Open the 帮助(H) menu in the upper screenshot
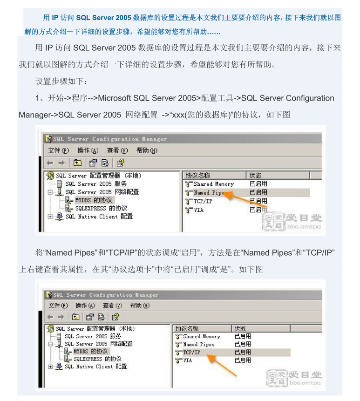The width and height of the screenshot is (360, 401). pyautogui.click(x=147, y=150)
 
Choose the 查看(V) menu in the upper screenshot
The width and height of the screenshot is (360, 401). pyautogui.click(x=117, y=150)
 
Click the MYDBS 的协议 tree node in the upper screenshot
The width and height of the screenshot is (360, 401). pyautogui.click(x=93, y=200)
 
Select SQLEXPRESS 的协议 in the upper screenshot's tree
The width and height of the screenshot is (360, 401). pyautogui.click(x=101, y=208)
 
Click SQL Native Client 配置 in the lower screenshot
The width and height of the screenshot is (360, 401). pyautogui.click(x=102, y=367)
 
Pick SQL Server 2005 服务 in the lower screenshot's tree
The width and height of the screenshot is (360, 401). pyautogui.click(x=93, y=336)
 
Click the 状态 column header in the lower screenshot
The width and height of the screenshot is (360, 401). pyautogui.click(x=240, y=328)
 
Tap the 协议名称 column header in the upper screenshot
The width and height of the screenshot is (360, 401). pyautogui.click(x=198, y=176)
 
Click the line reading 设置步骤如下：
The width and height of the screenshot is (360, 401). pyautogui.click(x=61, y=81)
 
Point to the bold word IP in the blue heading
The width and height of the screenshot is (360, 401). pyautogui.click(x=55, y=18)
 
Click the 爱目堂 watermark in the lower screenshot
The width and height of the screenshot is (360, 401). pyautogui.click(x=305, y=374)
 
